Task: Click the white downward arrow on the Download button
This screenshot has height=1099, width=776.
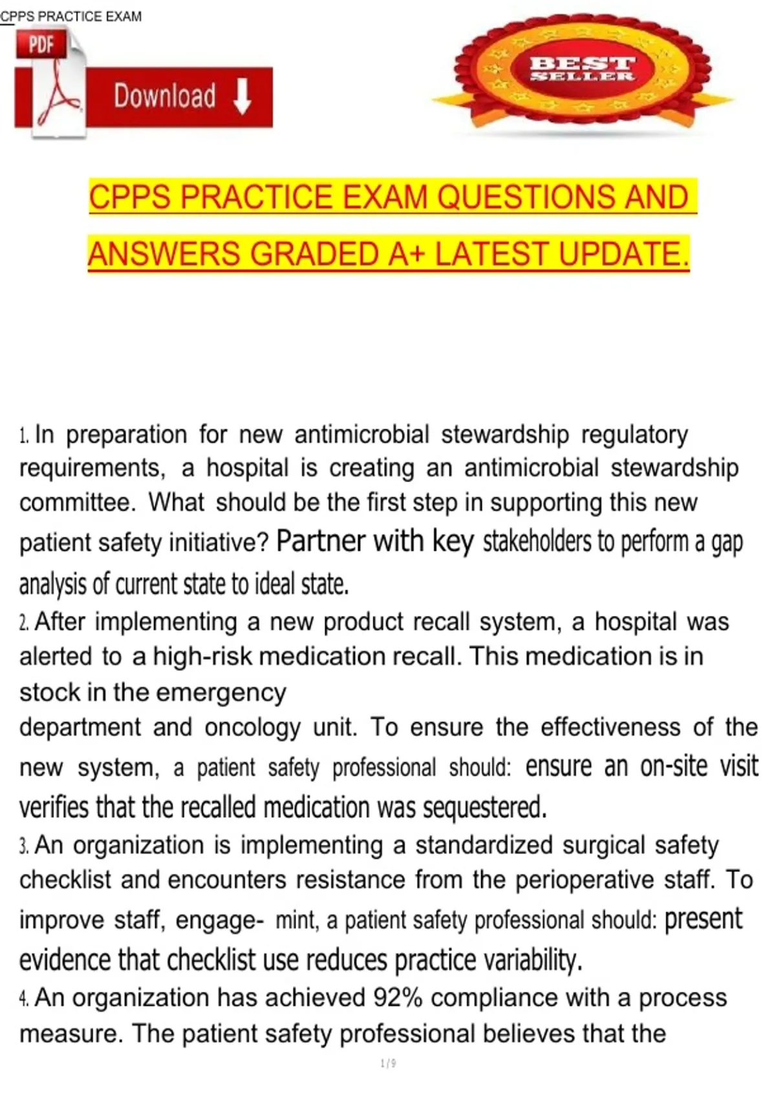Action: tap(242, 97)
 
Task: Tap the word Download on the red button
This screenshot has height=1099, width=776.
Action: tap(165, 96)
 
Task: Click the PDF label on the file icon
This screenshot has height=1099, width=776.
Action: tap(40, 45)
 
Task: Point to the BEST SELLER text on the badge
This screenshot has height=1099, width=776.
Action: tap(582, 69)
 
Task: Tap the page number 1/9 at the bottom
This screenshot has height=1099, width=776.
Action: tap(388, 1063)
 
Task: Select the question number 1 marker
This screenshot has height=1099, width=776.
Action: tap(24, 435)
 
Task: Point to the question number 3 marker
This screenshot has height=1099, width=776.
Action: tap(24, 846)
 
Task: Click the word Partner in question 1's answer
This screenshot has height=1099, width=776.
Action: tap(321, 541)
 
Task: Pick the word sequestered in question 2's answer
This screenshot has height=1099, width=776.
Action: tap(484, 807)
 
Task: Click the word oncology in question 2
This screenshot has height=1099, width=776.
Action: tap(252, 727)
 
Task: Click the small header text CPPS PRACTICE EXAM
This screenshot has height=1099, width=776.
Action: tap(71, 16)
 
